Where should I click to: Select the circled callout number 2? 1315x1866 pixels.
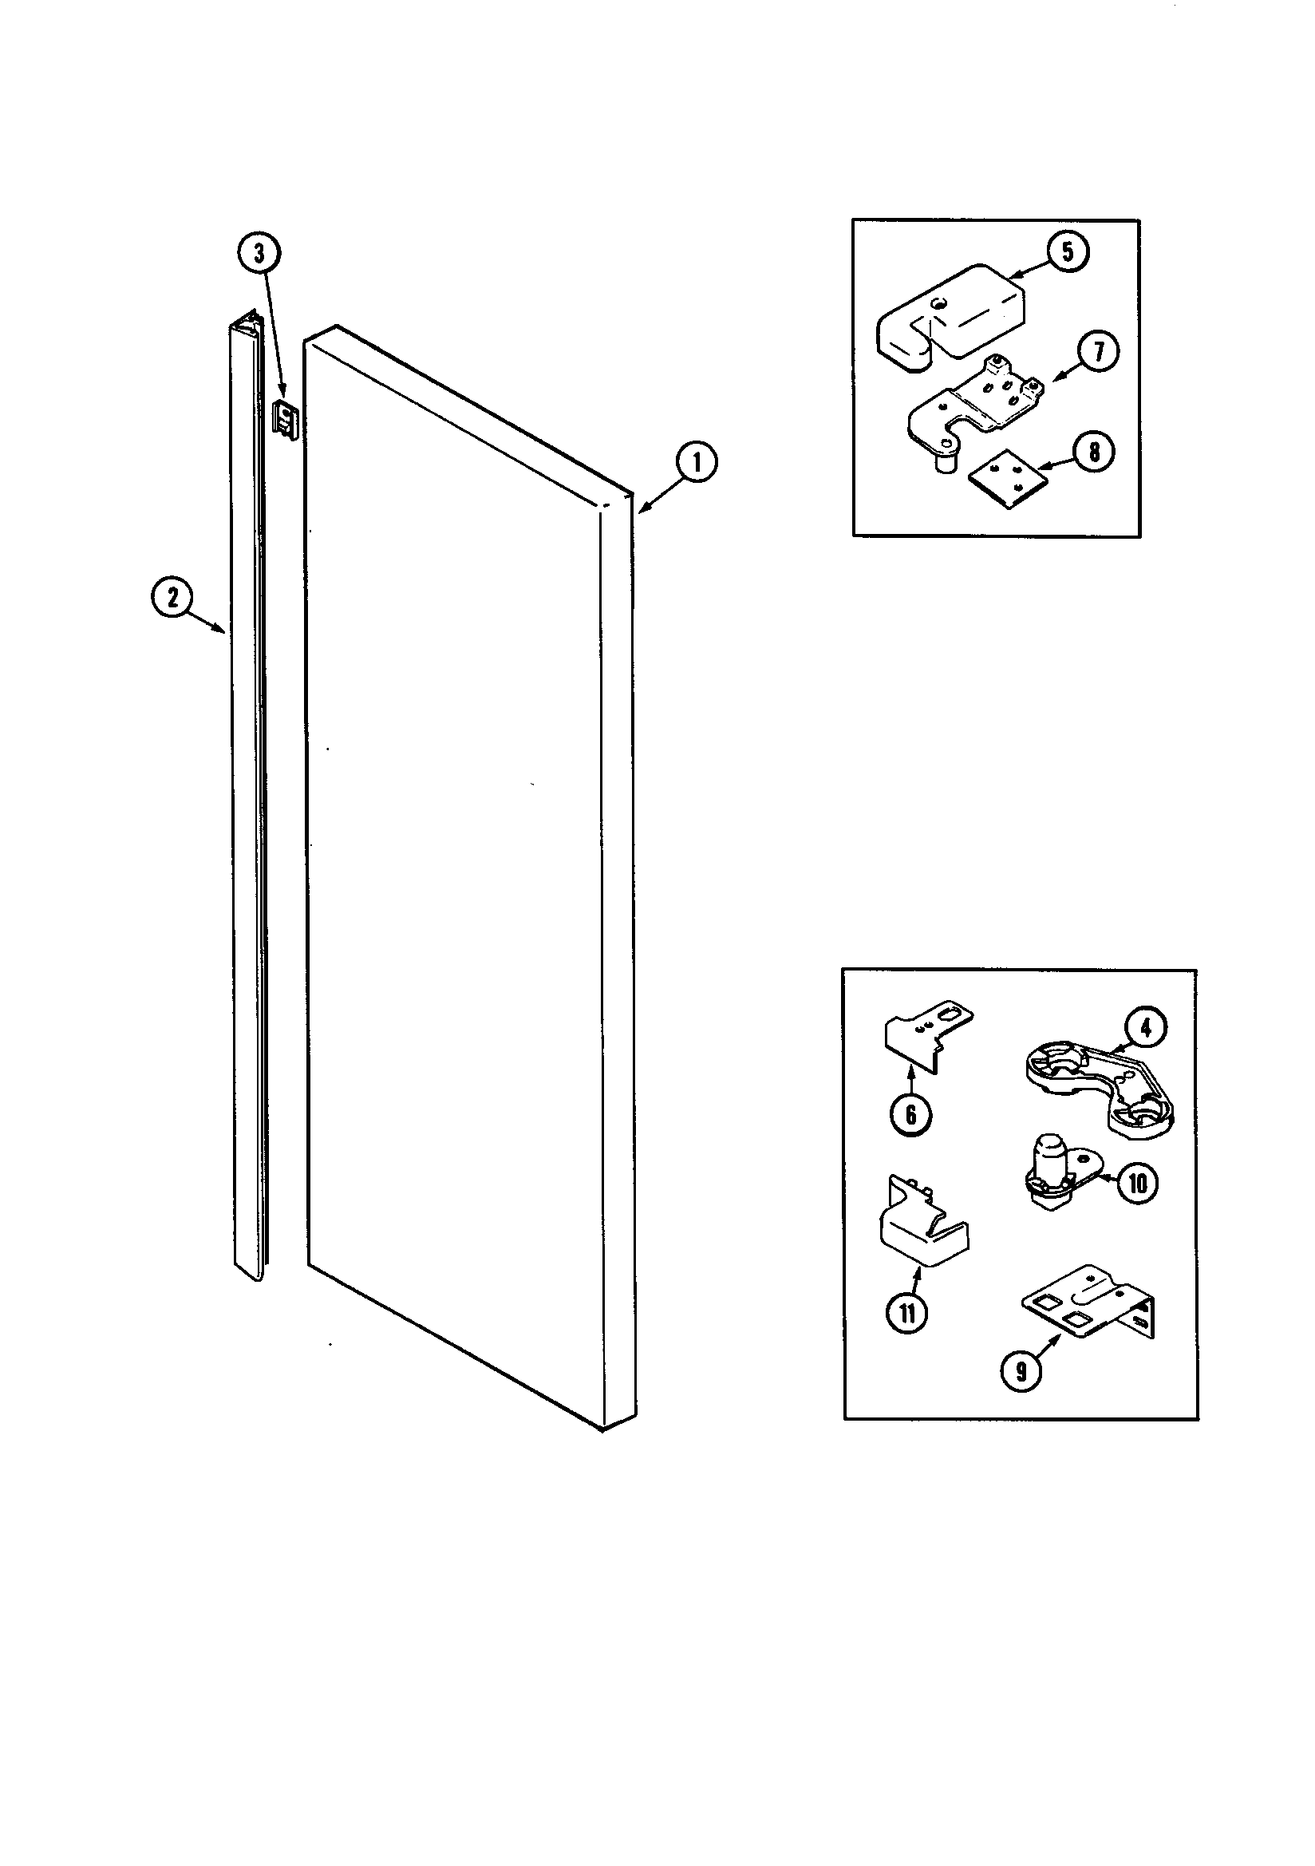172,598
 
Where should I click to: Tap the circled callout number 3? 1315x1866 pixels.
259,254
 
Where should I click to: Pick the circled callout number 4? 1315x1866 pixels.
1144,1029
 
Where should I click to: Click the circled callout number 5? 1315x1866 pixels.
1067,252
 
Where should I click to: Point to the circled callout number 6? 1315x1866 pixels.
910,1114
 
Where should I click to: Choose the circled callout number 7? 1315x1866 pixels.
1097,352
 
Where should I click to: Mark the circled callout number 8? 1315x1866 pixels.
1094,452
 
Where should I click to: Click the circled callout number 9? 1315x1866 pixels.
1021,1371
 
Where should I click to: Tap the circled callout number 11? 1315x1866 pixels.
907,1313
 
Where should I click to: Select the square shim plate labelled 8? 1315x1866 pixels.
1005,480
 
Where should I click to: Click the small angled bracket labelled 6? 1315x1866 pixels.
922,1036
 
